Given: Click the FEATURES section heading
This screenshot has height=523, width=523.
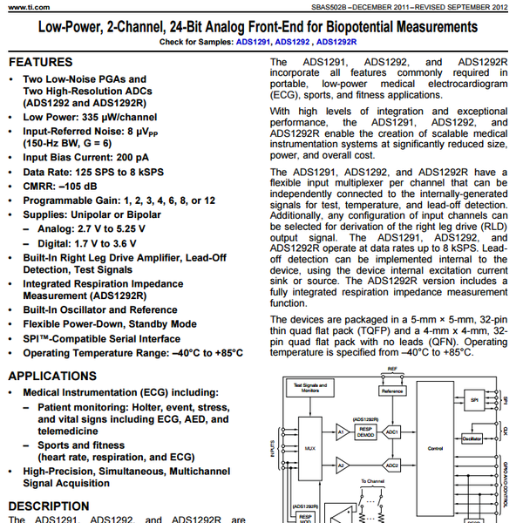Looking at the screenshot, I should (40, 63).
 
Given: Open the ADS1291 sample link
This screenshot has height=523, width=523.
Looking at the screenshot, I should (254, 42).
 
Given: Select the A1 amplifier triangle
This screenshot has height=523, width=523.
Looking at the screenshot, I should (341, 431).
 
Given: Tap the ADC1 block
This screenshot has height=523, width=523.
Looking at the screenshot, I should (393, 431).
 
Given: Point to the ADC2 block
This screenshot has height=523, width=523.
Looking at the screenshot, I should (393, 465).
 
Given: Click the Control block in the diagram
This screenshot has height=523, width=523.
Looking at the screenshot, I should (436, 450).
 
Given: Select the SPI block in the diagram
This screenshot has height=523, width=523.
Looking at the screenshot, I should (473, 399).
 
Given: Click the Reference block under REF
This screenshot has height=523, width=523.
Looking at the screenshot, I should (394, 391).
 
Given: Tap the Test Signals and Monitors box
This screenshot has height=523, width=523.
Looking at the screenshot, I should (310, 390).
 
